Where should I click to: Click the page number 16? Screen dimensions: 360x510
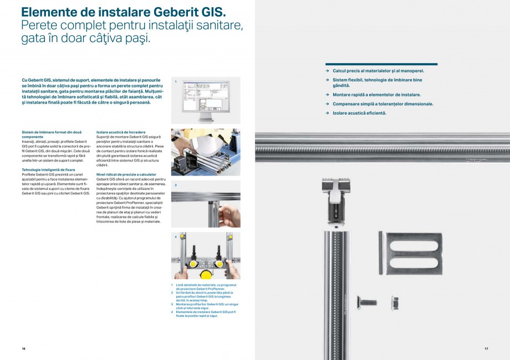[24, 348]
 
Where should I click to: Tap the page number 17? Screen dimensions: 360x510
[486, 348]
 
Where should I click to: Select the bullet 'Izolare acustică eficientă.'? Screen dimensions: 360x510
[359, 113]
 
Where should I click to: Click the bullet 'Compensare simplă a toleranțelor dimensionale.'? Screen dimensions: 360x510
[382, 104]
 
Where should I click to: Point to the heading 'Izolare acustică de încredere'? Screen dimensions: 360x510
[121, 132]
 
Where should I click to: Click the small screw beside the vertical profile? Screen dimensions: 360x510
[368, 302]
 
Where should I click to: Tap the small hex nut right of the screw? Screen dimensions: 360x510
[395, 302]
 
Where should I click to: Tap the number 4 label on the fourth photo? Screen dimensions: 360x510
[175, 236]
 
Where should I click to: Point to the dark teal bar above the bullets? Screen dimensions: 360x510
[381, 64]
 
